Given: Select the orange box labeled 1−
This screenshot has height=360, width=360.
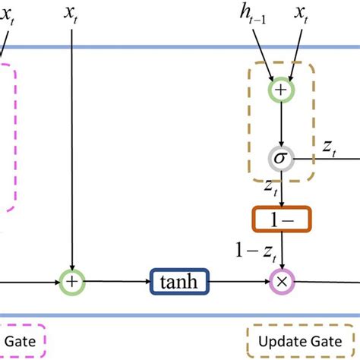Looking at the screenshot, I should pos(282,219).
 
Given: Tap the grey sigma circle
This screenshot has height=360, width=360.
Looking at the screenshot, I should pos(282,159).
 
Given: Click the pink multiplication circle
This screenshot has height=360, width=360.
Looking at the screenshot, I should pos(282,282).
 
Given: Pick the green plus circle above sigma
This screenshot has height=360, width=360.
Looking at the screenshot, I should pos(282,90).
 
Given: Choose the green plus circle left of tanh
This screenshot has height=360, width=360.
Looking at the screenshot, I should pos(71,282).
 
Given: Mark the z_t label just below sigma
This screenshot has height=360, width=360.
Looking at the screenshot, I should pos(269,187).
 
